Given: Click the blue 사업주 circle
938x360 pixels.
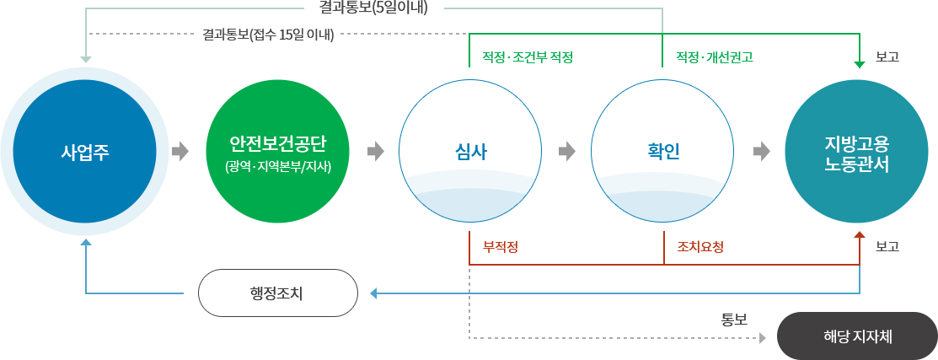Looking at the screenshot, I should click(85, 152).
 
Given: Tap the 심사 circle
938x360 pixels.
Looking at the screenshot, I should click(469, 152).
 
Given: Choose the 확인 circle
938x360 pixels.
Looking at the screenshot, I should click(663, 152).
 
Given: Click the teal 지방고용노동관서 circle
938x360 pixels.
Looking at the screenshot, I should click(858, 152).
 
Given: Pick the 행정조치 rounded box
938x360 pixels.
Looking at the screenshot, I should click(277, 293).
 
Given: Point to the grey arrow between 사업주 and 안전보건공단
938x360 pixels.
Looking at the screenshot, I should click(180, 152).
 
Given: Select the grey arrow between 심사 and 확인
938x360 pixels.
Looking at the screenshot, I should click(566, 152).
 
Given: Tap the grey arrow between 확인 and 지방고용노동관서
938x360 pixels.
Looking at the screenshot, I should click(761, 152).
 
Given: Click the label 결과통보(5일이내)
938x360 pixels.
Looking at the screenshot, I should click(374, 8).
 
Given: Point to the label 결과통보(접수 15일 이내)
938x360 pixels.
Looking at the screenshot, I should click(269, 35).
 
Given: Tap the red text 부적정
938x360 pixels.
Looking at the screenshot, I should click(500, 247).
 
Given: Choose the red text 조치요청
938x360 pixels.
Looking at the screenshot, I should click(700, 247).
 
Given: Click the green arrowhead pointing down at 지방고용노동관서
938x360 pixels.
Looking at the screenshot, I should click(860, 62).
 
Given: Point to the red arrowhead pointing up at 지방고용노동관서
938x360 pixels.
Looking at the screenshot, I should click(860, 237).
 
